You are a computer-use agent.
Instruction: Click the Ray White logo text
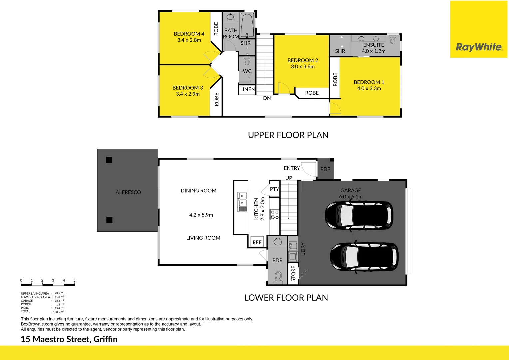pos(479,47)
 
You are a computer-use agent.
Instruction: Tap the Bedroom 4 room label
pos(189,34)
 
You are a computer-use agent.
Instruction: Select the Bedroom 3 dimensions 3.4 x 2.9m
pos(188,94)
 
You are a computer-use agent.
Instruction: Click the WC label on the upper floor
pos(247,71)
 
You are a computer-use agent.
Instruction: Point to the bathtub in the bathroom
pos(247,25)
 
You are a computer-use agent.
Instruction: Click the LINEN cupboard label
pos(248,89)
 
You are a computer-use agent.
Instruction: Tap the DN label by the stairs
pos(267,98)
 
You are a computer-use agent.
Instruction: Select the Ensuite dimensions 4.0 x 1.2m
pos(373,51)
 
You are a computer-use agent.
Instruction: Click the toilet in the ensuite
pos(393,40)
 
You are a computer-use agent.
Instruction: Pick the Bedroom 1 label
pos(369,82)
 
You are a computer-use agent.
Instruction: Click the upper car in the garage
pos(359,215)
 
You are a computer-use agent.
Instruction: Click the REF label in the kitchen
pos(257,242)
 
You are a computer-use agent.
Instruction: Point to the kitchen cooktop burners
pos(274,214)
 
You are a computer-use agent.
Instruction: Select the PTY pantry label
pos(274,189)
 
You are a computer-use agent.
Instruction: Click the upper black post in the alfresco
pos(109,160)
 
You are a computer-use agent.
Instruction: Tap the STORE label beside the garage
pos(293,273)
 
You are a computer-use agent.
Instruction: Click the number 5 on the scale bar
pos(74,280)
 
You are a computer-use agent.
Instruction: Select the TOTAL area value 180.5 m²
pos(59,312)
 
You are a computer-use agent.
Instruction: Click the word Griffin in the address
pos(105,339)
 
